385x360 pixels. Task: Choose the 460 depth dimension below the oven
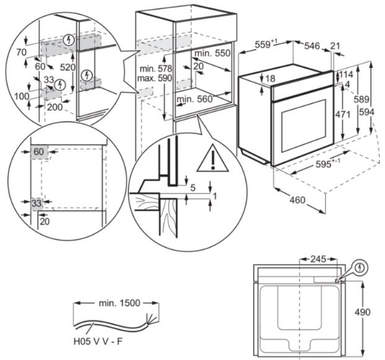(x=298, y=200)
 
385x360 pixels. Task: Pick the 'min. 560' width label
(x=194, y=99)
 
